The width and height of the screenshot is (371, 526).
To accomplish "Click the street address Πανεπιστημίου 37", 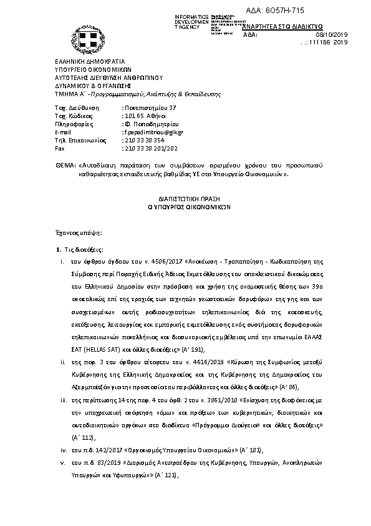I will [145, 108].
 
